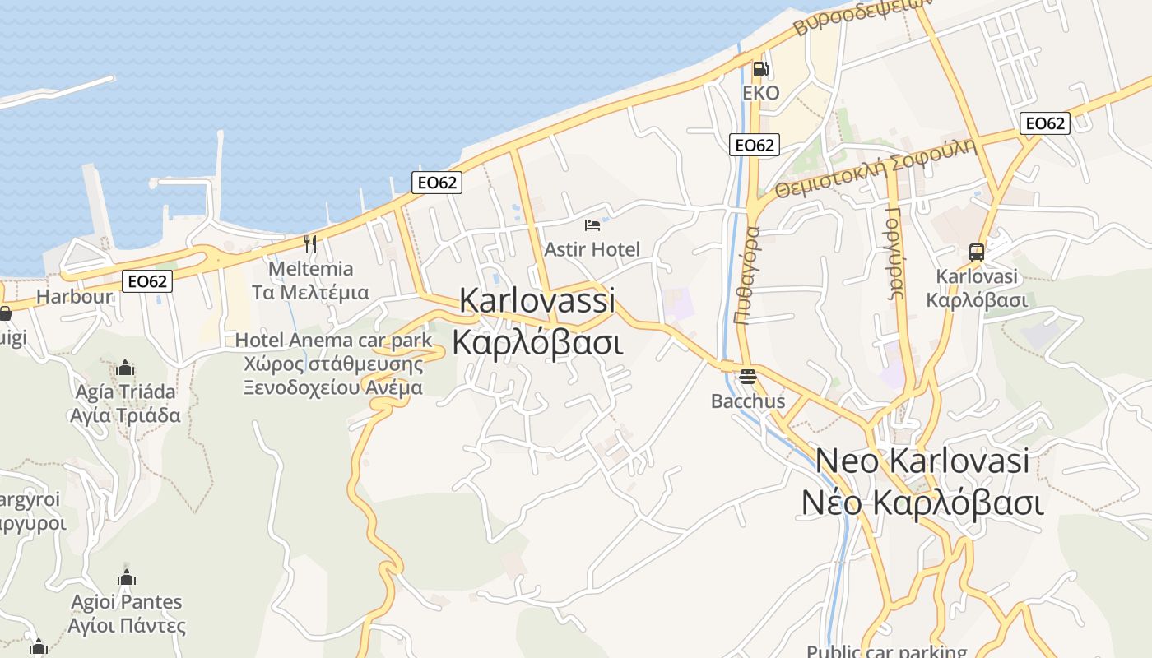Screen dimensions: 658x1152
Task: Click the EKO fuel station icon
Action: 760,69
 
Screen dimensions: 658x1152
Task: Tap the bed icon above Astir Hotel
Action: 592,225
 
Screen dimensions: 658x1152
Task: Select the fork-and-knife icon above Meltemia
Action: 310,243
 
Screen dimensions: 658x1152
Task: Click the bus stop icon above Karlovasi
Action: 977,253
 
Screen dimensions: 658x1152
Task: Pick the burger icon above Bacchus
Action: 747,378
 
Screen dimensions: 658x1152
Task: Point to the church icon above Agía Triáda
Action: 125,367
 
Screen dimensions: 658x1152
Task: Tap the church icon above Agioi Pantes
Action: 126,577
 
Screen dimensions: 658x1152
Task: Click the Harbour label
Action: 75,297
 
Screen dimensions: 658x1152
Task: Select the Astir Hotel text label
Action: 592,249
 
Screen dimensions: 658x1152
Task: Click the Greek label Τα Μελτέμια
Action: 310,292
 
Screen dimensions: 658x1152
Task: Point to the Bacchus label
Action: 748,402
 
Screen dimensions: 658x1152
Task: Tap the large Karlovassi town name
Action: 537,300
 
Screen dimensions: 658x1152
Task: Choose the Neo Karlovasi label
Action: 922,461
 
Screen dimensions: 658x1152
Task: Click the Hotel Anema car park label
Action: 333,340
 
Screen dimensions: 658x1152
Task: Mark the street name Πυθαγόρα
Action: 750,276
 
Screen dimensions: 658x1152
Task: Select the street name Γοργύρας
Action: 895,253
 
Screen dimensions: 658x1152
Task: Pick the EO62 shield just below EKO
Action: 754,145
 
